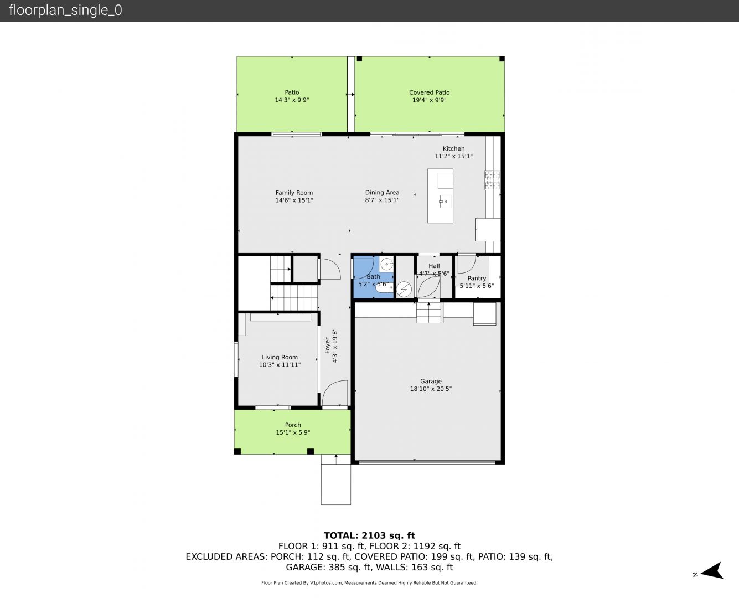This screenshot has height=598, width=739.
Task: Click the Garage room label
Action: tap(431, 381)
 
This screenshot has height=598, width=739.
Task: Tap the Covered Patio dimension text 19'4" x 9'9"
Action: tap(429, 100)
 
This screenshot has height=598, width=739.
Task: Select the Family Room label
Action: tap(294, 193)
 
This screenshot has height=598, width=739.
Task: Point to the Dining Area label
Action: tap(382, 192)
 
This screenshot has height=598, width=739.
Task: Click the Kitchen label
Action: tap(453, 148)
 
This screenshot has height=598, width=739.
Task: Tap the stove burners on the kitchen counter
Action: tap(492, 180)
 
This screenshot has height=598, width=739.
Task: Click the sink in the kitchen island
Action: tap(446, 202)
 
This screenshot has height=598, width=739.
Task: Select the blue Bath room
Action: tap(373, 277)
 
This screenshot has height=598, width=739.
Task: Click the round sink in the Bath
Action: tap(386, 265)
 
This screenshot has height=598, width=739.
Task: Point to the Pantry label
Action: tap(477, 279)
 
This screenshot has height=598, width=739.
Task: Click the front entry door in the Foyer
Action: tap(335, 393)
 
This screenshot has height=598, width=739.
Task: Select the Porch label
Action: tap(293, 425)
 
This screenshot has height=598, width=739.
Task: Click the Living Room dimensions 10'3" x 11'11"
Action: tap(280, 365)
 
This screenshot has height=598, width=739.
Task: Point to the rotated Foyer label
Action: tap(327, 346)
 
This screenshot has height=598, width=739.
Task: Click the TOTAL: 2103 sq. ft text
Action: tap(369, 535)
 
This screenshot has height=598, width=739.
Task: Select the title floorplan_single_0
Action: tap(65, 10)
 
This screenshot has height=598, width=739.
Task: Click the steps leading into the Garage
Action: tap(430, 313)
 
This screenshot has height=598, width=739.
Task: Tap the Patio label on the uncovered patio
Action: tap(292, 92)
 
